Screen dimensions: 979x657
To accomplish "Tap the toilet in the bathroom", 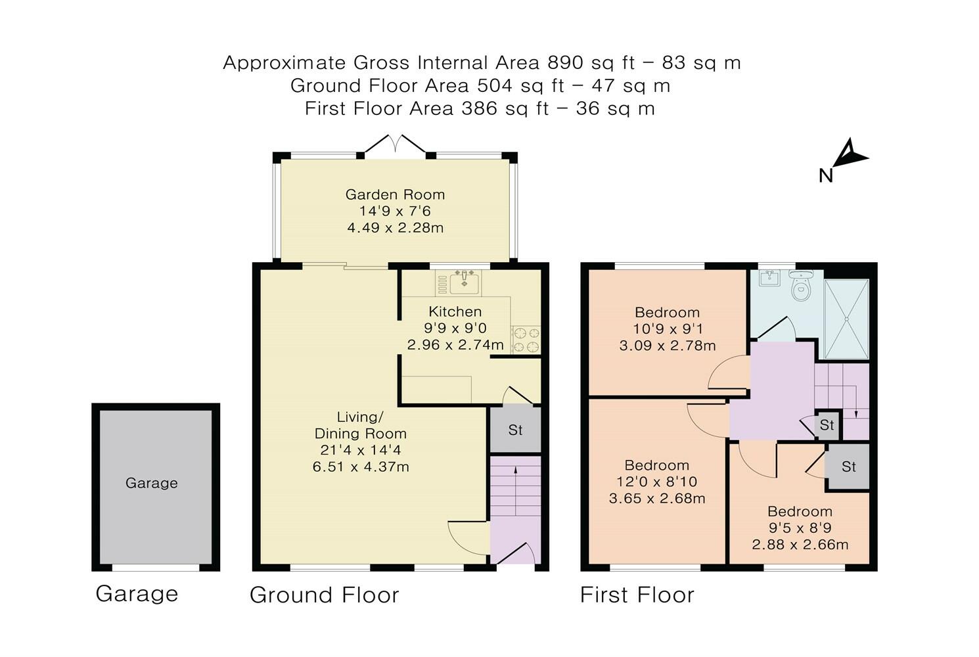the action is pos(801,285).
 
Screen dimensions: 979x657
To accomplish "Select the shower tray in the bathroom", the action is pos(846,319).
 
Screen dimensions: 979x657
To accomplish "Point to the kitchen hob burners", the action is pos(526,340).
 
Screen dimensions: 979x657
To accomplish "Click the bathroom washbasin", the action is pos(769,278).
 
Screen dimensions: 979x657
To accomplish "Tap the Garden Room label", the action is pos(395,194).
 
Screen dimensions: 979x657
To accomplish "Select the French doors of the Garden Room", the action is pos(395,145).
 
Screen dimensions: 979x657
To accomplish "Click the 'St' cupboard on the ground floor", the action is pos(515,430).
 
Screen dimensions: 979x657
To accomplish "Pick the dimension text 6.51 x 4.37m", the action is pos(361,467).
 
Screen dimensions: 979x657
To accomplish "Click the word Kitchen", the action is pos(455,311).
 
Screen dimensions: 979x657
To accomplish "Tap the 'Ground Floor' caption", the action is pos(325,595).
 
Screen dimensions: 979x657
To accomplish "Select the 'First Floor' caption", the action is pos(637,595).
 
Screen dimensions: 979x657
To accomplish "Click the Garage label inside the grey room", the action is pos(152,483).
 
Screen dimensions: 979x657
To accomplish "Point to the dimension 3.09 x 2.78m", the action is pos(668,346).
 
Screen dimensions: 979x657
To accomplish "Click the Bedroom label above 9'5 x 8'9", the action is pos(800,511).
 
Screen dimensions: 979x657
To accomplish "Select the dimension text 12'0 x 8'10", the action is pos(656,482).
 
